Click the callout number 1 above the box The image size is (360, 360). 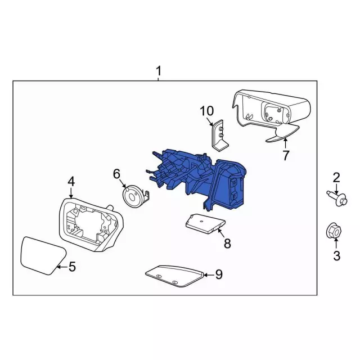point(159,71)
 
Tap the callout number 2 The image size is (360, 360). point(336,178)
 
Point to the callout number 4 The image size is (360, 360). point(71,182)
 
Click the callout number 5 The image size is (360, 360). point(72,267)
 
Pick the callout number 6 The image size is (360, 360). point(116,174)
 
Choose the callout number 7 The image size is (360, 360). point(285,155)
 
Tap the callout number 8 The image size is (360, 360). point(227,244)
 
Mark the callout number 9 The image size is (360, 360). point(219,274)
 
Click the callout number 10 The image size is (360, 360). point(207,111)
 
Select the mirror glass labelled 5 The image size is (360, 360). point(43,255)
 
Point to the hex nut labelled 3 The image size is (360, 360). point(334,231)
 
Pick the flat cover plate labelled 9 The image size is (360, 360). point(174,276)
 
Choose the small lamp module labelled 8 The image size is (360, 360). point(205,224)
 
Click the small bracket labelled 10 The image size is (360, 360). point(219,136)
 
